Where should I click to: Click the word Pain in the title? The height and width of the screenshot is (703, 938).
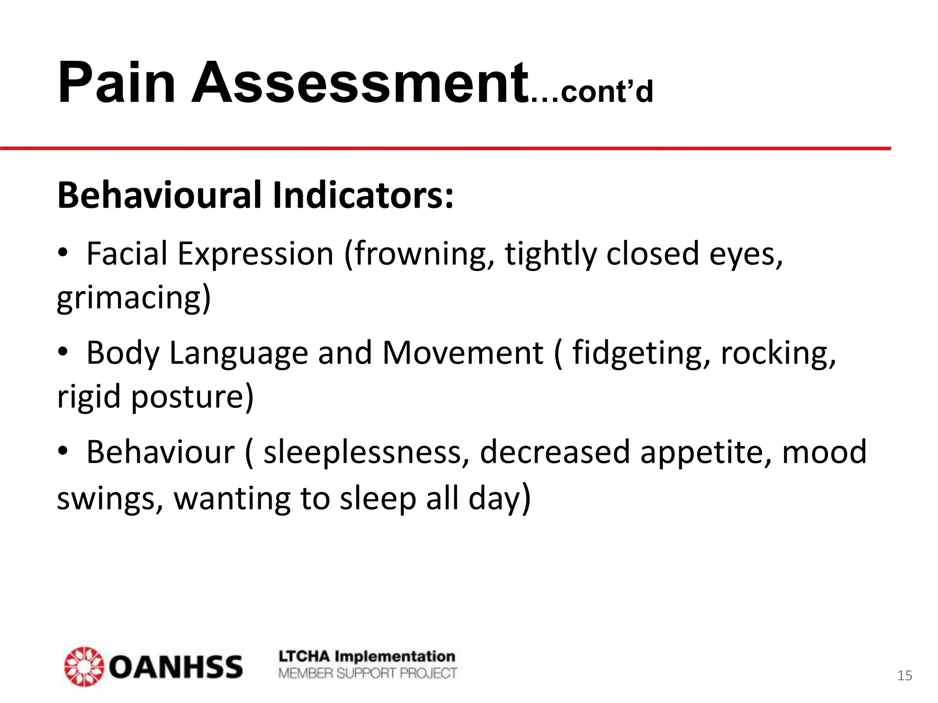tap(116, 83)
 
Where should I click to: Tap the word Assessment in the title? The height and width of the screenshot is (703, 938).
tap(360, 83)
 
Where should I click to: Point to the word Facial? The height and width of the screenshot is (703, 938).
tap(127, 254)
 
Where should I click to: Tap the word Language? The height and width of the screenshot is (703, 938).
tap(238, 353)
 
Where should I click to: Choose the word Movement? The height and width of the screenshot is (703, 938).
tap(463, 353)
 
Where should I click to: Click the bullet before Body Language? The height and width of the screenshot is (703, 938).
tap(63, 352)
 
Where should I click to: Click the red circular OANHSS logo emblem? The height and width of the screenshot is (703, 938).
tap(84, 666)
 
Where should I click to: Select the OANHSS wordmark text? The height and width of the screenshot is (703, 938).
tap(176, 667)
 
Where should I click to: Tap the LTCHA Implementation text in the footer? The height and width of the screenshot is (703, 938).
tap(367, 657)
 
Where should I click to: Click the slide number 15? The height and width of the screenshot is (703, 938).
tap(905, 676)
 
